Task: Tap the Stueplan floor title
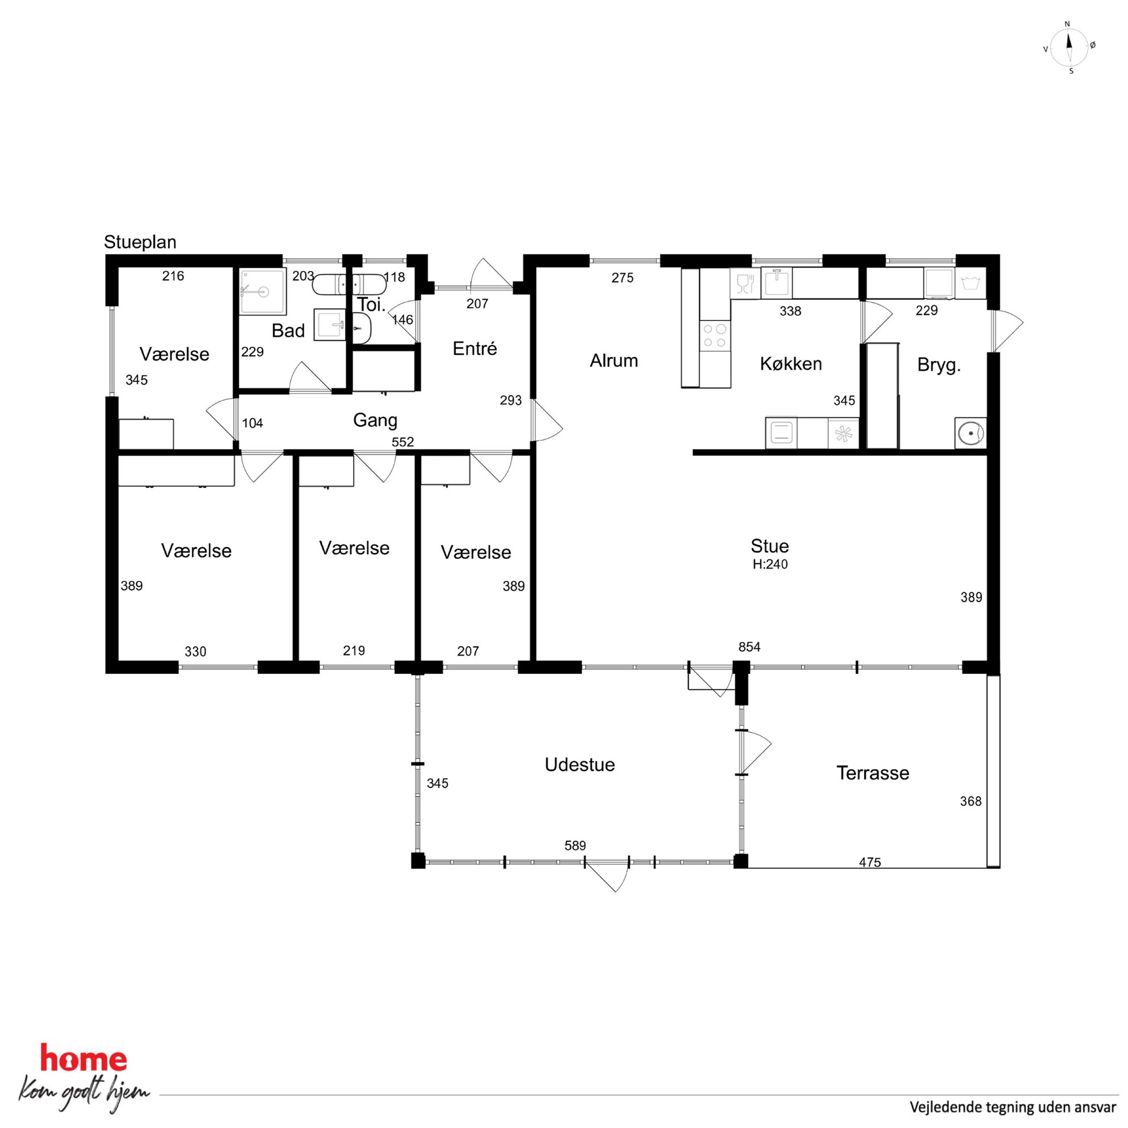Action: point(140,242)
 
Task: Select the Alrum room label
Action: point(613,361)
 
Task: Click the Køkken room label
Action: point(790,364)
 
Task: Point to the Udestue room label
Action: point(580,765)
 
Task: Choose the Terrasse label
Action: point(873,773)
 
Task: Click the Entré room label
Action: point(475,349)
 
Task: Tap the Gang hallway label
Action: point(375,420)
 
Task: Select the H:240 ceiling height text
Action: point(770,565)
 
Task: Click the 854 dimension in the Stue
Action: point(749,647)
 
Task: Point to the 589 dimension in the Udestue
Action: point(575,845)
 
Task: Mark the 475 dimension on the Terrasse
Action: point(870,862)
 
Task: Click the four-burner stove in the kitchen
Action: point(715,335)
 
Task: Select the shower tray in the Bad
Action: point(263,291)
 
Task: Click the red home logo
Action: point(84,1059)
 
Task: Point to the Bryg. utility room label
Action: point(939,366)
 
